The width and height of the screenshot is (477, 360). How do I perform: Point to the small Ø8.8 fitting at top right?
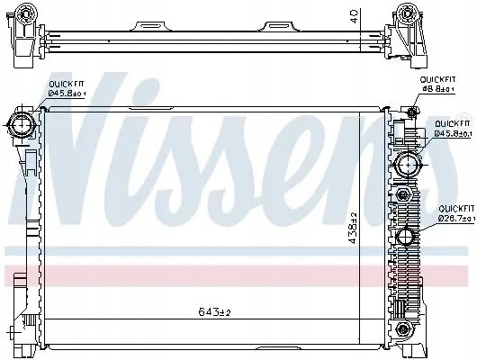point(409,111)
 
